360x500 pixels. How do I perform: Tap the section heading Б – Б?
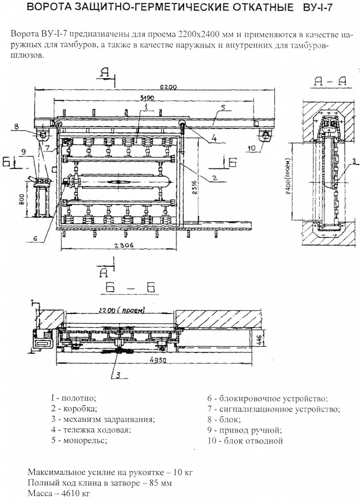(x=131, y=288)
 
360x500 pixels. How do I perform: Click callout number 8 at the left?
(x=16, y=126)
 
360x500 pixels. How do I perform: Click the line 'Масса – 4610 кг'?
(x=59, y=493)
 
